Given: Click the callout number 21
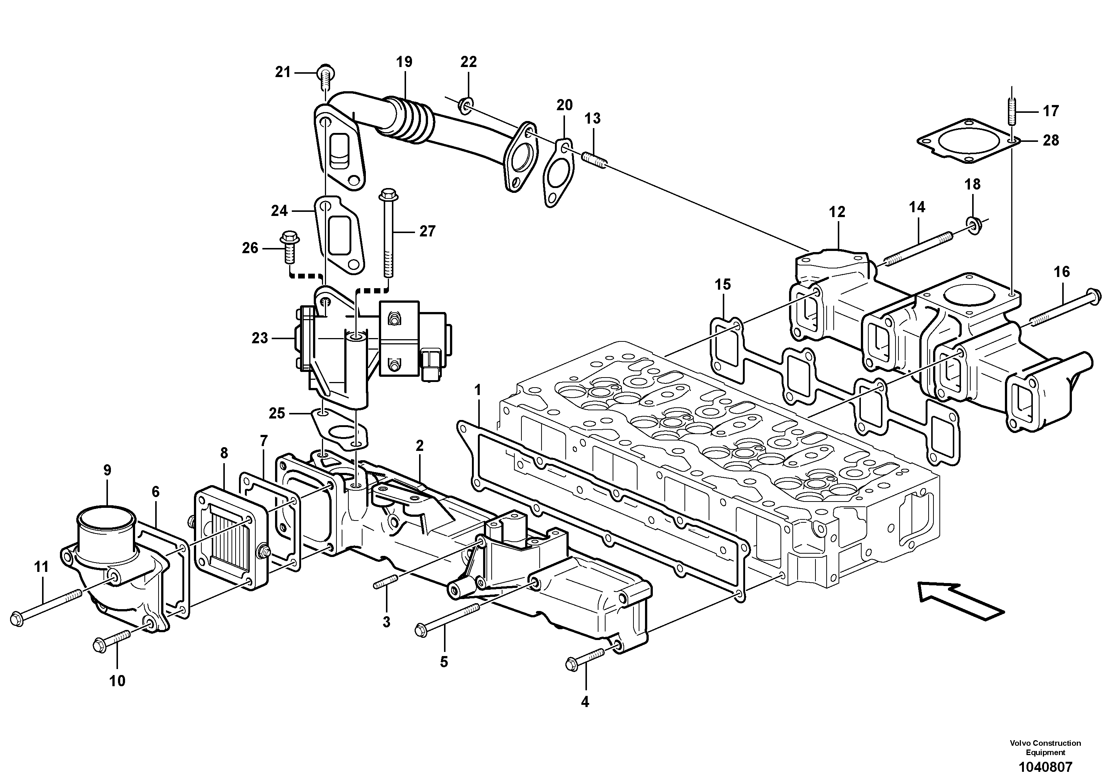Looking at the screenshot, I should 283,72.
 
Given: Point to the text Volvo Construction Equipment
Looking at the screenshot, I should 1045,748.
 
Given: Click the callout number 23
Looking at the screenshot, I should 260,338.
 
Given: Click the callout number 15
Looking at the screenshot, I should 722,284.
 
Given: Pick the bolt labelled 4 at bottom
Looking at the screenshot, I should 584,659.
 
